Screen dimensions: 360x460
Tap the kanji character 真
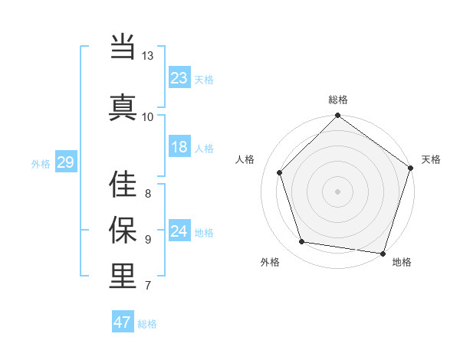pyautogui.click(x=123, y=106)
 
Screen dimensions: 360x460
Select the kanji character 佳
pyautogui.click(x=123, y=184)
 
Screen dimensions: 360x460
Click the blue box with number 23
pyautogui.click(x=179, y=78)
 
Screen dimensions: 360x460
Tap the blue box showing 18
pyautogui.click(x=179, y=148)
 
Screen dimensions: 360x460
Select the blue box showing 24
pyautogui.click(x=179, y=231)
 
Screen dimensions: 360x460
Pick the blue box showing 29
pyautogui.click(x=65, y=162)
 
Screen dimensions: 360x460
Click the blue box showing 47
pyautogui.click(x=123, y=322)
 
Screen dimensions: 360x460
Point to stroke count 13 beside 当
pyautogui.click(x=148, y=56)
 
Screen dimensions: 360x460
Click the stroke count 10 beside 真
pyautogui.click(x=148, y=116)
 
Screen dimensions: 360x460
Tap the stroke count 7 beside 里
pyautogui.click(x=148, y=286)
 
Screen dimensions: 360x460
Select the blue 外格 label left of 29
pyautogui.click(x=41, y=163)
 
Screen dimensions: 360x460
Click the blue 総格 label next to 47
pyautogui.click(x=147, y=324)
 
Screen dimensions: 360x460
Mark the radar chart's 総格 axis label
pyautogui.click(x=338, y=100)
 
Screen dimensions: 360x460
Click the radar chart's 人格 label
pyautogui.click(x=245, y=159)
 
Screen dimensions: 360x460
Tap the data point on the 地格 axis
pyautogui.click(x=383, y=253)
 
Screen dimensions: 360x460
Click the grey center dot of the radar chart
pyautogui.click(x=337, y=191)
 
